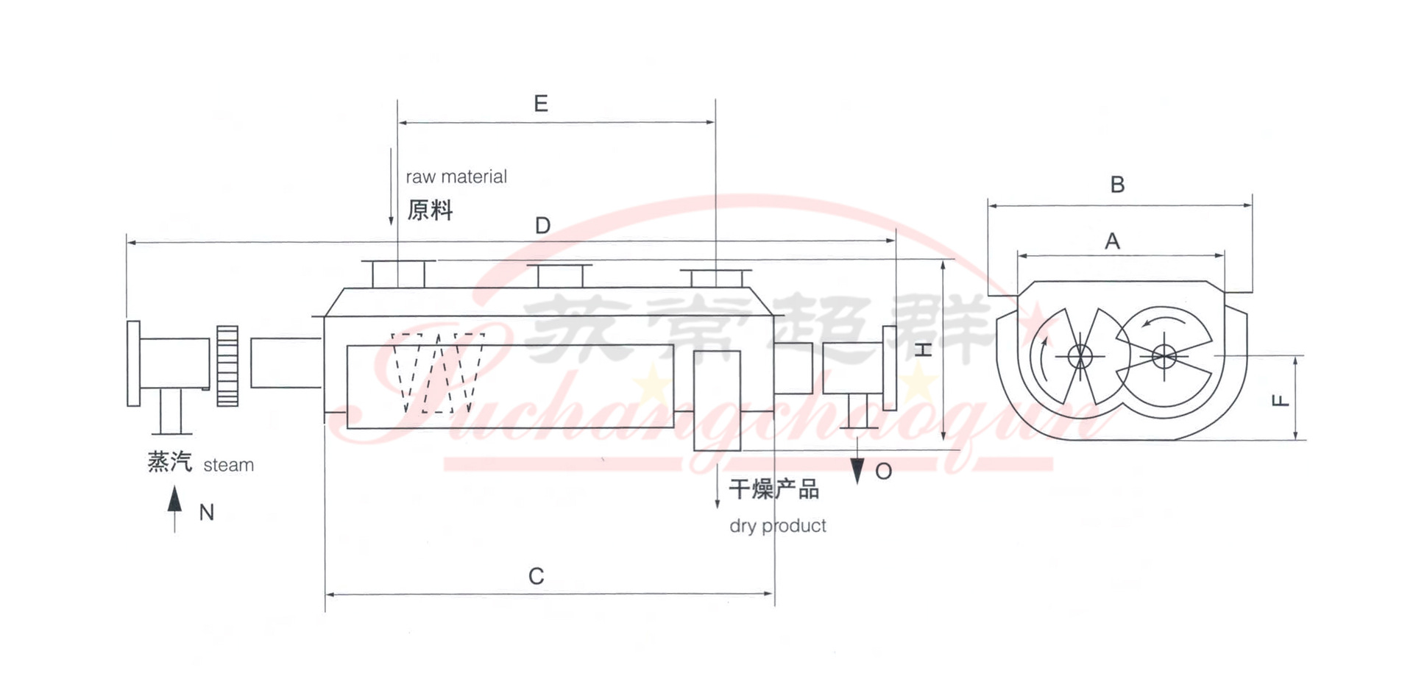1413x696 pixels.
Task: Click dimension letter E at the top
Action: click(x=541, y=104)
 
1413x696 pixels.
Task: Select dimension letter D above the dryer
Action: click(x=543, y=225)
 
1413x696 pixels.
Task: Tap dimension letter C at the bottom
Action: click(x=536, y=576)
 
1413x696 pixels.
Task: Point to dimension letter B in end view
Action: click(x=1117, y=185)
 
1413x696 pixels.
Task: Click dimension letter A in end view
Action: click(x=1112, y=241)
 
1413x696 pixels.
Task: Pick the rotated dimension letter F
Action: click(x=1281, y=401)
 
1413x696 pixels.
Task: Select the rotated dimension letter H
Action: click(x=924, y=350)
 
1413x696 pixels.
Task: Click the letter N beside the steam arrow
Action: click(x=207, y=513)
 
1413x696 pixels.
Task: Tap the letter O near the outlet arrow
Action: click(x=884, y=472)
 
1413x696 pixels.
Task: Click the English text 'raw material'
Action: click(x=456, y=177)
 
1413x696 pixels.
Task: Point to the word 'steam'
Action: click(x=228, y=466)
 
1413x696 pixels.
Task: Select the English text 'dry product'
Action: click(x=778, y=526)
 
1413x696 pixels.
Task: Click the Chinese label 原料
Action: click(x=430, y=210)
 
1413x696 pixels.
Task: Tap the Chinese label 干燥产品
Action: click(x=774, y=489)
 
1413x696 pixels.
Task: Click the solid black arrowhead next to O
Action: click(x=857, y=471)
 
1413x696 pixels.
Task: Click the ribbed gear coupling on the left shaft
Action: click(x=227, y=366)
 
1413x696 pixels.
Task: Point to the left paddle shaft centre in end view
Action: click(x=1080, y=357)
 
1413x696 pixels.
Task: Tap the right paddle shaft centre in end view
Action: click(x=1164, y=358)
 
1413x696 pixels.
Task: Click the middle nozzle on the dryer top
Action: click(x=560, y=276)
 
